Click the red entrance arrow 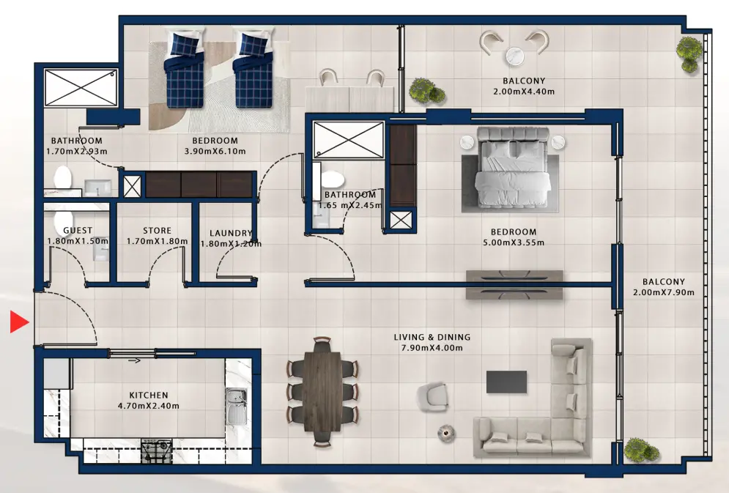pos(18,322)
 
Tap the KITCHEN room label pos(149,395)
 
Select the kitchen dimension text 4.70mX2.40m pos(149,406)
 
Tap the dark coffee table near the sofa pos(506,382)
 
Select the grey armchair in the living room pos(432,396)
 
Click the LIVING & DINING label pos(432,337)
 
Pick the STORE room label pos(157,231)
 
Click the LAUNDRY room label pos(231,234)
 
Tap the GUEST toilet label pos(78,231)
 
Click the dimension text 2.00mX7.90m pos(664,292)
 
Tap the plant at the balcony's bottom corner pos(637,448)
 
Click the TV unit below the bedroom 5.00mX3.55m pos(514,284)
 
